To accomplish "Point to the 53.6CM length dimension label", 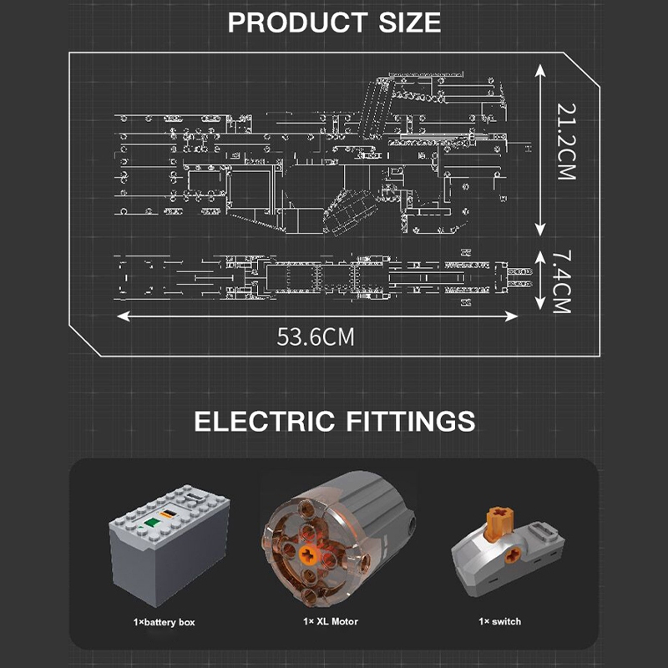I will [316, 337].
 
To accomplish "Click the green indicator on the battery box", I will [152, 524].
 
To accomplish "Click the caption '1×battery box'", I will [164, 622].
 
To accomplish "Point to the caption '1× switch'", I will [500, 622].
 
